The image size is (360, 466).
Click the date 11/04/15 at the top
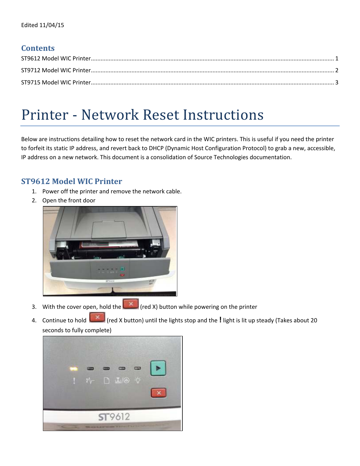point(52,25)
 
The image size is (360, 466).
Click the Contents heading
point(38,48)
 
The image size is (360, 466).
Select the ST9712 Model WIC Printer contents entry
point(56,70)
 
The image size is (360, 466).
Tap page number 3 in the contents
point(337,82)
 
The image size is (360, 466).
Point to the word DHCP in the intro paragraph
point(156,148)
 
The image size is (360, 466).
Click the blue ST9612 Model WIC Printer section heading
point(71,181)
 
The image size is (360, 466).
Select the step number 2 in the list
point(34,200)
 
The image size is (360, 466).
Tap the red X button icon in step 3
point(131,304)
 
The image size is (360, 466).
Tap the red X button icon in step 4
point(97,318)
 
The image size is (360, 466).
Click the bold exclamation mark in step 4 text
point(220,320)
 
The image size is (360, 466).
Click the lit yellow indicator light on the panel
point(74,369)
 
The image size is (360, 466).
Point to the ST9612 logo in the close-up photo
point(114,417)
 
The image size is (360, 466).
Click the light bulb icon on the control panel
point(138,380)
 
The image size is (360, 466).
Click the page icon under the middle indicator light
point(106,381)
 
